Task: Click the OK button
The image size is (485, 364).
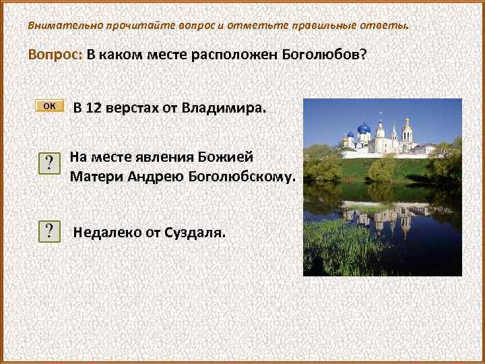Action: (50, 106)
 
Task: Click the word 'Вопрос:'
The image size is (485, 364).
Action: (55, 55)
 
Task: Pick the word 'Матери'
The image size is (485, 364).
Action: (94, 177)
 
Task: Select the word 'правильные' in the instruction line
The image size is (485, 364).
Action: (321, 26)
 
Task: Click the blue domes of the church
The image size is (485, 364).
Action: (364, 128)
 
